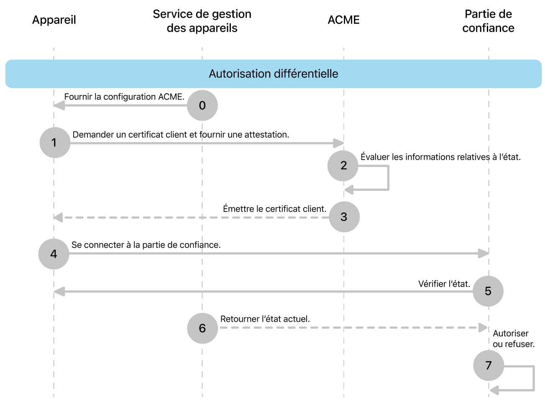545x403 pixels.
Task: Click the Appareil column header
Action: point(54,20)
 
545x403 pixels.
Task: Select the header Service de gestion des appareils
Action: point(202,21)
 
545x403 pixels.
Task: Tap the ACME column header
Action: point(343,20)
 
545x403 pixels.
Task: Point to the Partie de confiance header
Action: point(488,21)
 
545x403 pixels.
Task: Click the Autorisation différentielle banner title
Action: point(273,74)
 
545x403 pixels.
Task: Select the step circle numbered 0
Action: point(202,105)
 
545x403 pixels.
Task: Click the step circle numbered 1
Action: point(55,143)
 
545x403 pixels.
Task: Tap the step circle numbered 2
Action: point(343,166)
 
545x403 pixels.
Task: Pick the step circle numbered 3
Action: point(344,217)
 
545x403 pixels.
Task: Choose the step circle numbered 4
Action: point(54,254)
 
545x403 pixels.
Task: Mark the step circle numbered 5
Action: point(488,291)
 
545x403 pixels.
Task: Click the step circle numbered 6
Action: point(202,329)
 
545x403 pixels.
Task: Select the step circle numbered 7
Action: point(488,365)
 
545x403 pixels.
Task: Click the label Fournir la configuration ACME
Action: point(124,97)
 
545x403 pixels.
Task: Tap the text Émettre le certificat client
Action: point(274,209)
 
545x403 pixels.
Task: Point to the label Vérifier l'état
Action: point(444,284)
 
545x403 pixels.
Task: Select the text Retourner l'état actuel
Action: point(265,319)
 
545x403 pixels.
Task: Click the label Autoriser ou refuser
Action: point(513,339)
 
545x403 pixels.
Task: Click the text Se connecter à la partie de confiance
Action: point(146,245)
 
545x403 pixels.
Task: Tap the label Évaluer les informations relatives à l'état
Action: point(440,157)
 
